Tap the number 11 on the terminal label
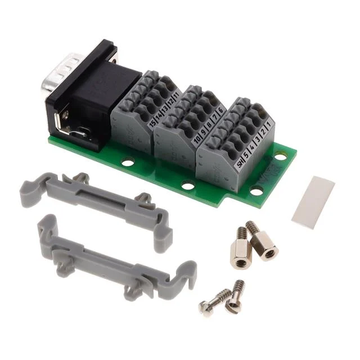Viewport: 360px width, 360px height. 176,97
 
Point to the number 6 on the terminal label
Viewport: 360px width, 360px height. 222,109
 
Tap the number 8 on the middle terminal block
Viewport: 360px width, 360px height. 209,124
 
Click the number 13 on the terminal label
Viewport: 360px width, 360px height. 164,110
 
